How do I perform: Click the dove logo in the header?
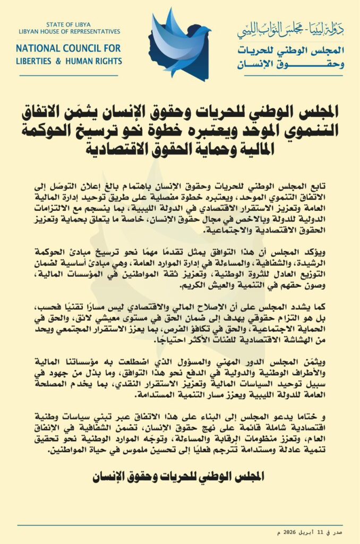point(179,41)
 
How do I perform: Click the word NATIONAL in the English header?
point(39,48)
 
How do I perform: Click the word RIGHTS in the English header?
point(108,61)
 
